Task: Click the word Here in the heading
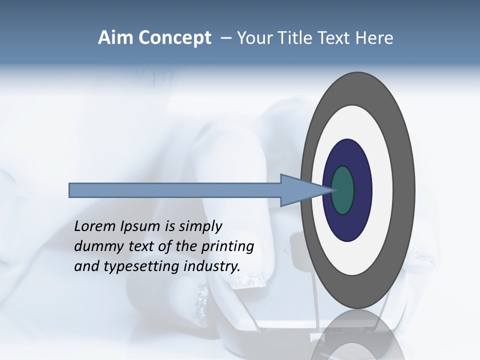pos(374,38)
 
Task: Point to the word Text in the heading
pos(335,38)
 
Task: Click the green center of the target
pos(343,190)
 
